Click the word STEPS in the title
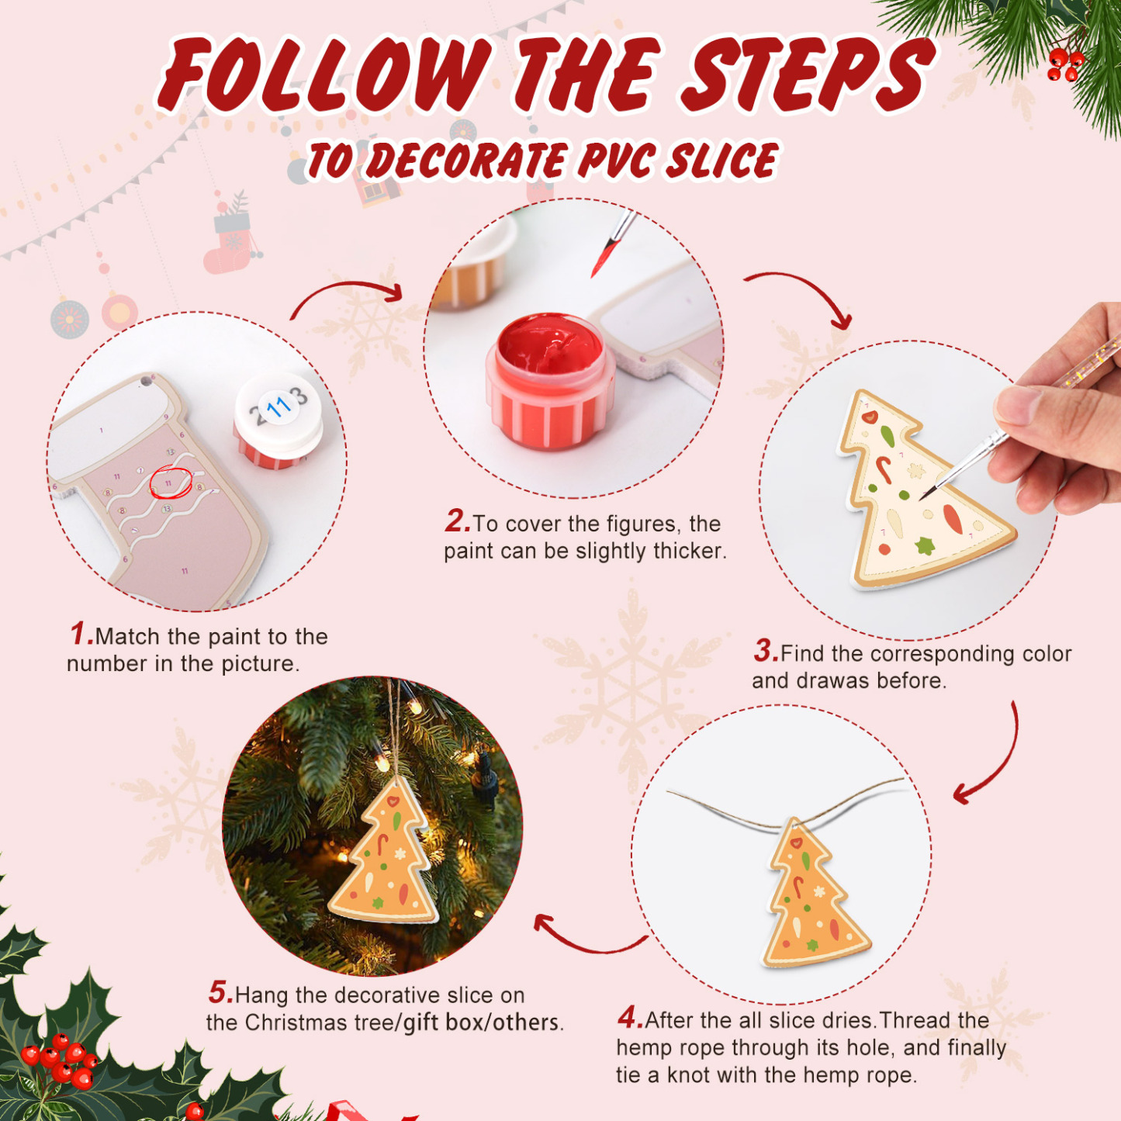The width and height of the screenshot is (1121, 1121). click(807, 75)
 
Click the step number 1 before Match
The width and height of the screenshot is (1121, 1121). click(80, 634)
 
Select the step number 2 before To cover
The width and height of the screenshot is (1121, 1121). click(456, 521)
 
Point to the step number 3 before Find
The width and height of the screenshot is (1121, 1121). click(764, 650)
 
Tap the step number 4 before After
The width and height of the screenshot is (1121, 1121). click(629, 1017)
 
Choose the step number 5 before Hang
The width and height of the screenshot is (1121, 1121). click(219, 992)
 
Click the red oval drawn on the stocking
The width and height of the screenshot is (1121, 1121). click(170, 483)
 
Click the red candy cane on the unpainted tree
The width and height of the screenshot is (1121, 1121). click(883, 469)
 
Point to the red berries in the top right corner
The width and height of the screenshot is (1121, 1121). click(1064, 65)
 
